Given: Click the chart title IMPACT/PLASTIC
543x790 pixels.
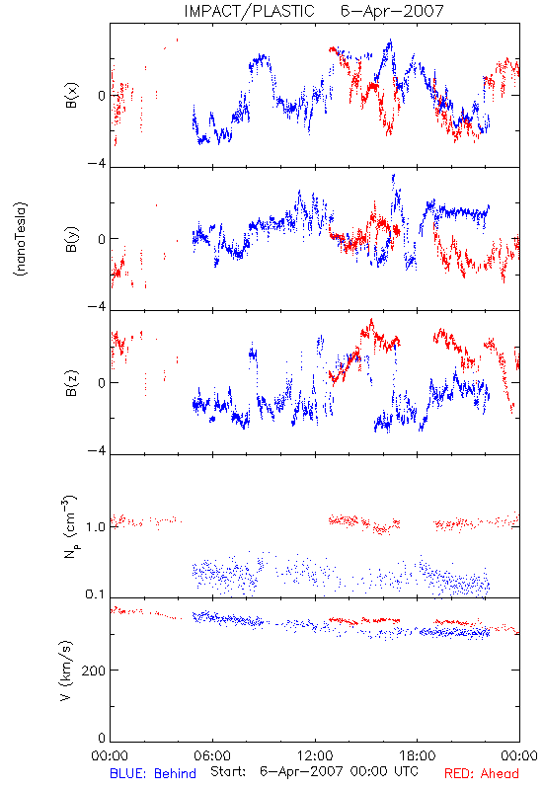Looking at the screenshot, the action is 249,11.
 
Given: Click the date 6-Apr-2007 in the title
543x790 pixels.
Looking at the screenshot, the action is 392,11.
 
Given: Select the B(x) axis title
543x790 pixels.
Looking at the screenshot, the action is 72,95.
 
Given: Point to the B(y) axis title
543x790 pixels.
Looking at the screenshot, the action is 72,239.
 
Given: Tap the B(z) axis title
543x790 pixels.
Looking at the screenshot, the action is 72,382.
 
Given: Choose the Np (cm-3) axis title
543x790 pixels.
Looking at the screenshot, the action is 69,526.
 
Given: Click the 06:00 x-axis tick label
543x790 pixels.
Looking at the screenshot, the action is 212,755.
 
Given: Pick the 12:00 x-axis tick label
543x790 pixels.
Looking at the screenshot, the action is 315,755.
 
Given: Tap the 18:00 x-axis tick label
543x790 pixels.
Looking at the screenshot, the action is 418,755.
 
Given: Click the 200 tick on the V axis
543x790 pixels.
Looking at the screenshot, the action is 94,671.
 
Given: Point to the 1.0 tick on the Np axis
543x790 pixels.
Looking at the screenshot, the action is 96,527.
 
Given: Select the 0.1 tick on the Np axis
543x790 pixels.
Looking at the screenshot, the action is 96,594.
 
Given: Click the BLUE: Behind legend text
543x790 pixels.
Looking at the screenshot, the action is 153,773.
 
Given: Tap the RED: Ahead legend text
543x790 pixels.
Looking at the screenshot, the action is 482,773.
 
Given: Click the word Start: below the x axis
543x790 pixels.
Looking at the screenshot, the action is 228,771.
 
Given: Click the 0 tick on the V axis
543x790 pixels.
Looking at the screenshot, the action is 102,738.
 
